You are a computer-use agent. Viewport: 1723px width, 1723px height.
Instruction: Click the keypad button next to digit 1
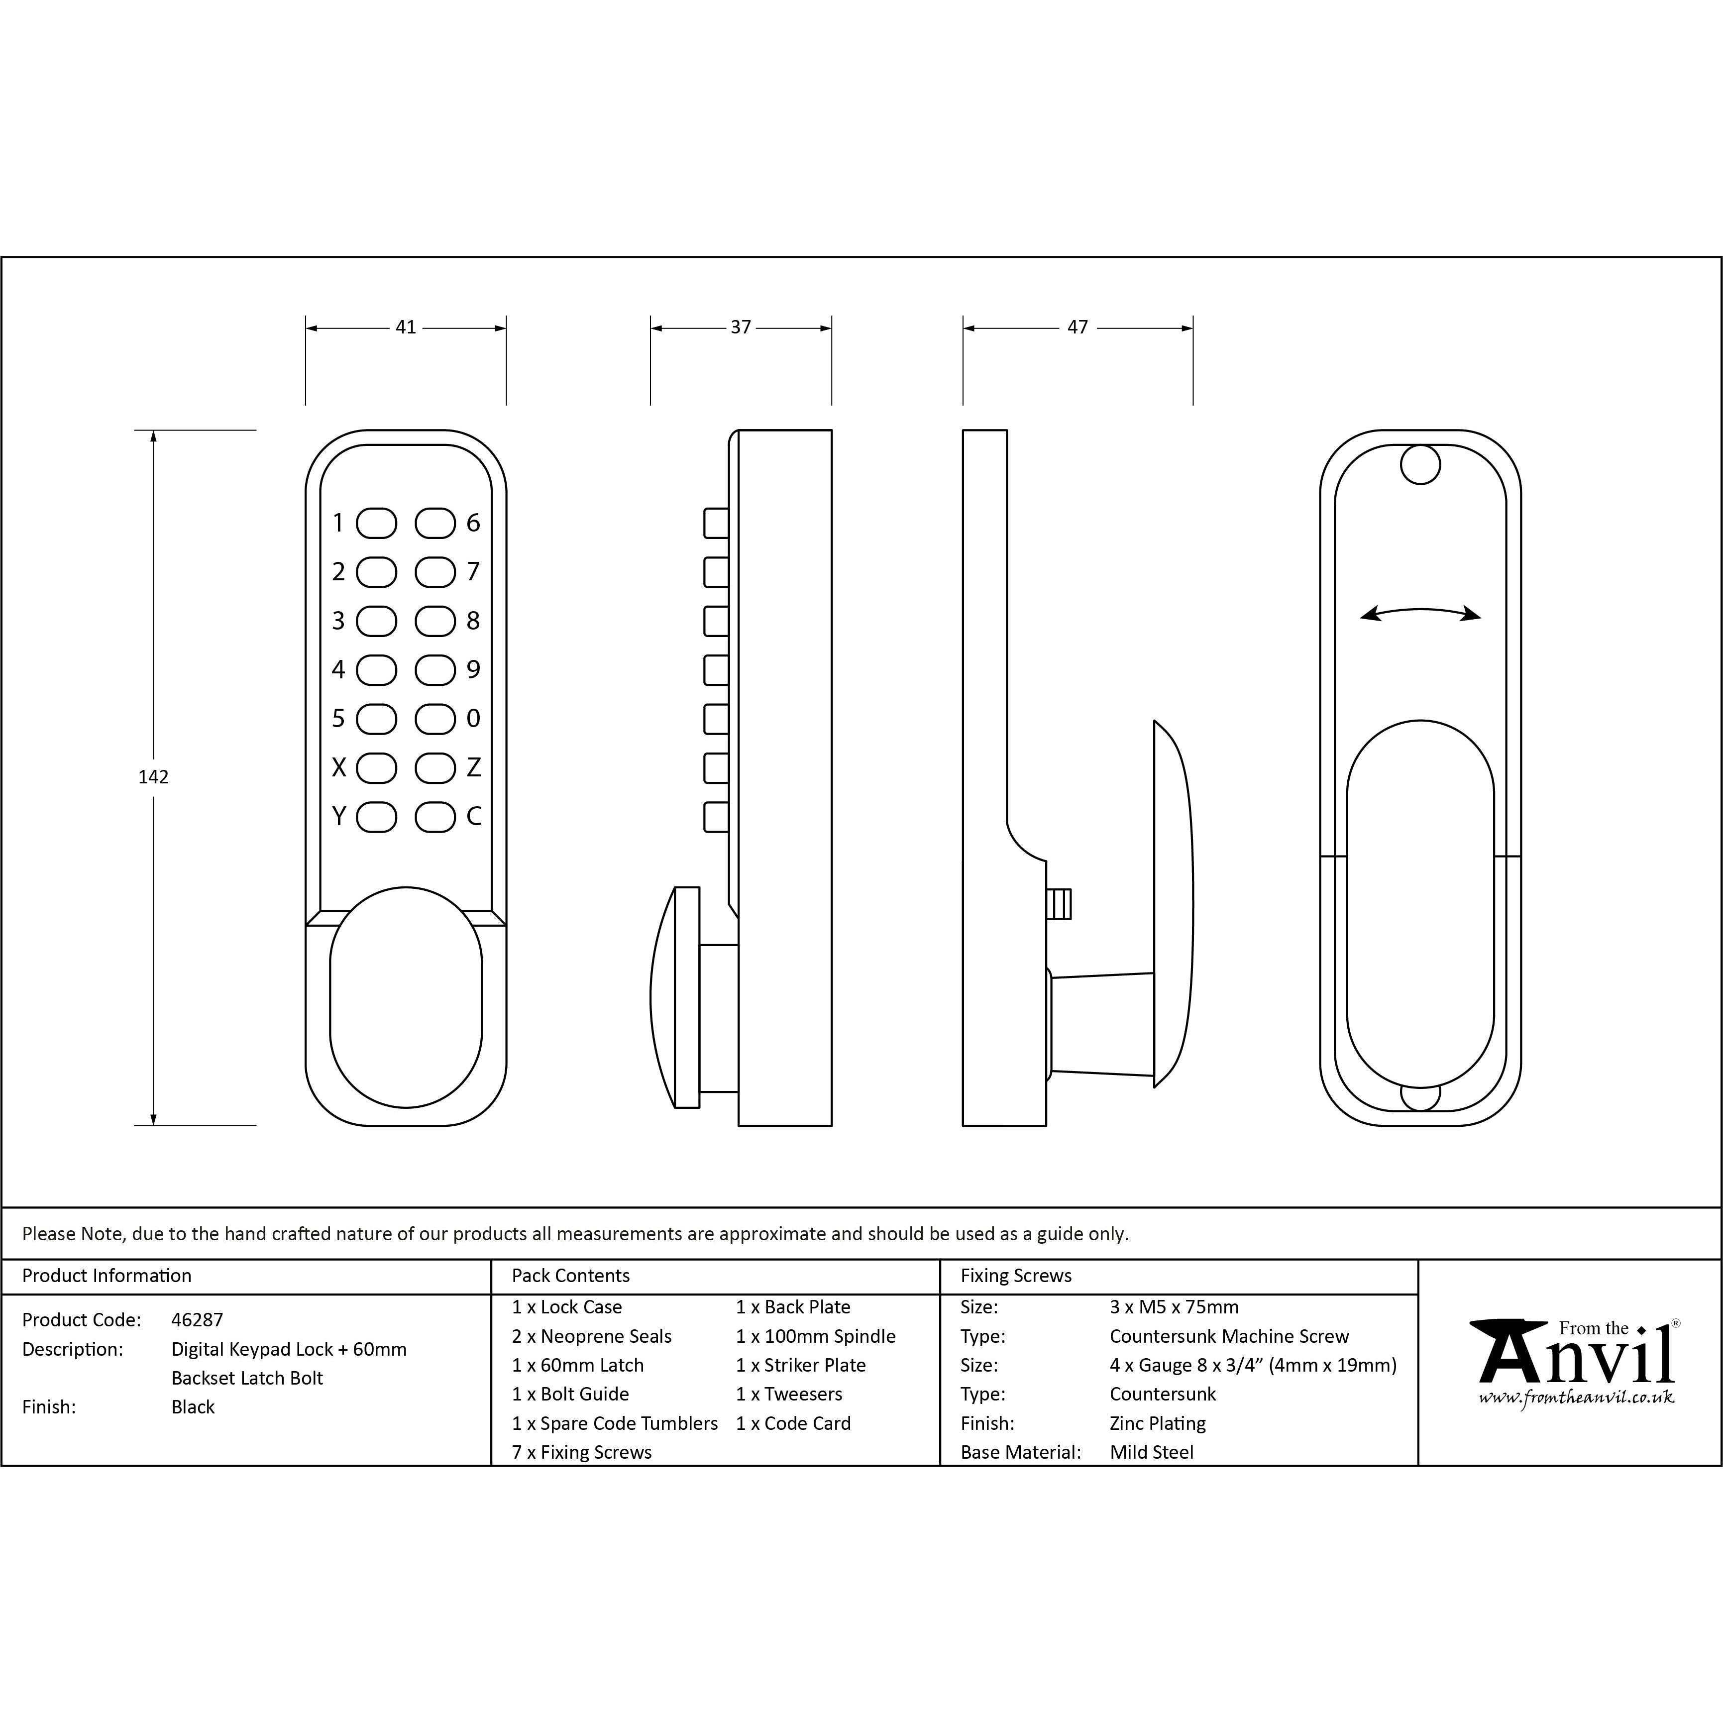376,524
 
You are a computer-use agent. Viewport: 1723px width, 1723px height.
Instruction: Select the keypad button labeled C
435,817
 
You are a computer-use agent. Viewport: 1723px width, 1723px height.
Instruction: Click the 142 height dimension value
153,777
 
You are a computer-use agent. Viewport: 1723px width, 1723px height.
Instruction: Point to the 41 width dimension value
406,327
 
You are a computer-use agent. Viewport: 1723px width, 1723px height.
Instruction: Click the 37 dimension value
741,327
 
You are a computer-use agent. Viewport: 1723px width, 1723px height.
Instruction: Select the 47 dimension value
1077,327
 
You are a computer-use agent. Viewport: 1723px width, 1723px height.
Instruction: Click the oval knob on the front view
406,997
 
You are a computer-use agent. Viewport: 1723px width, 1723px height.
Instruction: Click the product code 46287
197,1320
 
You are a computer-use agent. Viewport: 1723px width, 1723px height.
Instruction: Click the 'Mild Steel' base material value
1151,1452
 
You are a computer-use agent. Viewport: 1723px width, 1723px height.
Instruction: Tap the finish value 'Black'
193,1407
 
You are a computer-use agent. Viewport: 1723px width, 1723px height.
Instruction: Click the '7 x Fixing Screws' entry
581,1452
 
